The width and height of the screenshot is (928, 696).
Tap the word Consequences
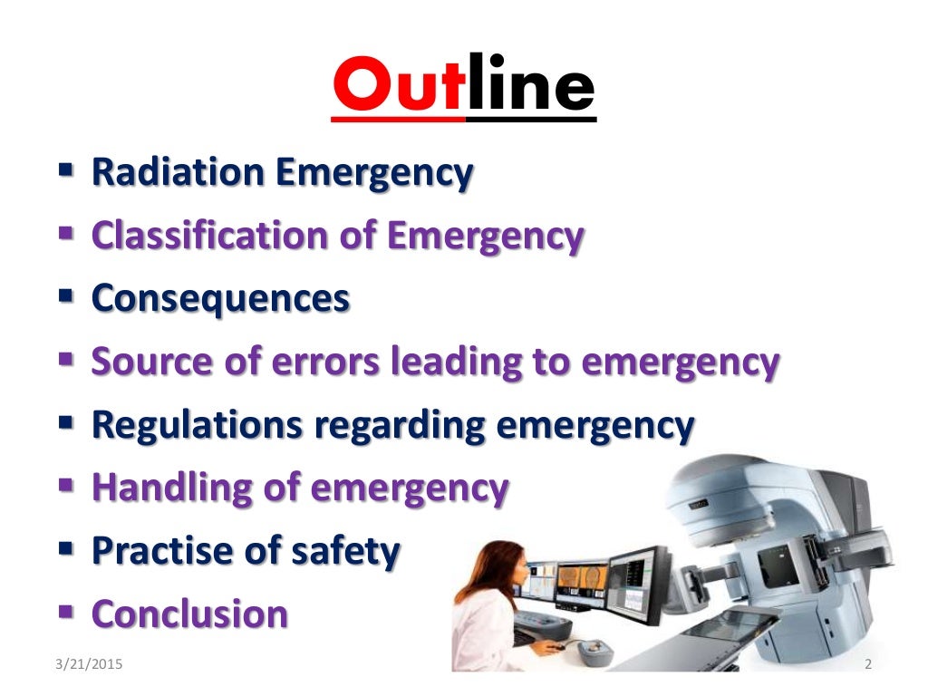click(x=220, y=298)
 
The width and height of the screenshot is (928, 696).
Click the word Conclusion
click(x=189, y=614)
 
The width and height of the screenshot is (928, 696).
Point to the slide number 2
click(x=868, y=666)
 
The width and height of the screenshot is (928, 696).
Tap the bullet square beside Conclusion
click(x=66, y=611)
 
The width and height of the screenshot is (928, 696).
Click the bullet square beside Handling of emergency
click(x=66, y=486)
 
